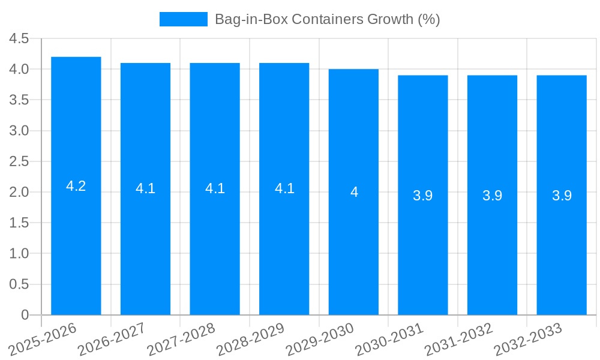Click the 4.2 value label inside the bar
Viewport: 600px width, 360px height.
76,186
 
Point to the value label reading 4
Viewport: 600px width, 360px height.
354,192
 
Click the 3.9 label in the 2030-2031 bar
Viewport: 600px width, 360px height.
423,196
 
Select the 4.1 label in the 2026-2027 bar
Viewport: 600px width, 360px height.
145,188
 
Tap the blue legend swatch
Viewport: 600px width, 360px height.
183,19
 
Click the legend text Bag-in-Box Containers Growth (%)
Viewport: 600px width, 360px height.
327,19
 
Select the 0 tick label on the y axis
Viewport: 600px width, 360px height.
25,315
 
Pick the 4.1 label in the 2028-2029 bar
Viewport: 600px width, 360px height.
284,188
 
